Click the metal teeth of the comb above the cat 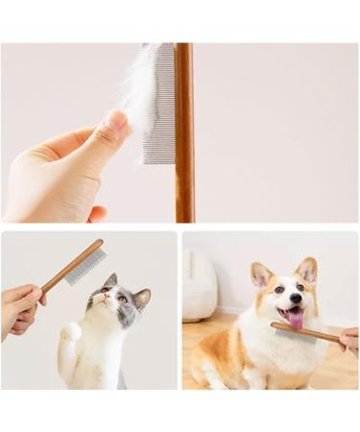coord(87,267)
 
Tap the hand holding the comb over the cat coord(19,309)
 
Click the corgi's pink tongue coord(295,318)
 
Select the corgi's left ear coord(260,276)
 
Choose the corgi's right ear coord(307,271)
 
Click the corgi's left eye coord(277,289)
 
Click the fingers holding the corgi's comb coord(350,339)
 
